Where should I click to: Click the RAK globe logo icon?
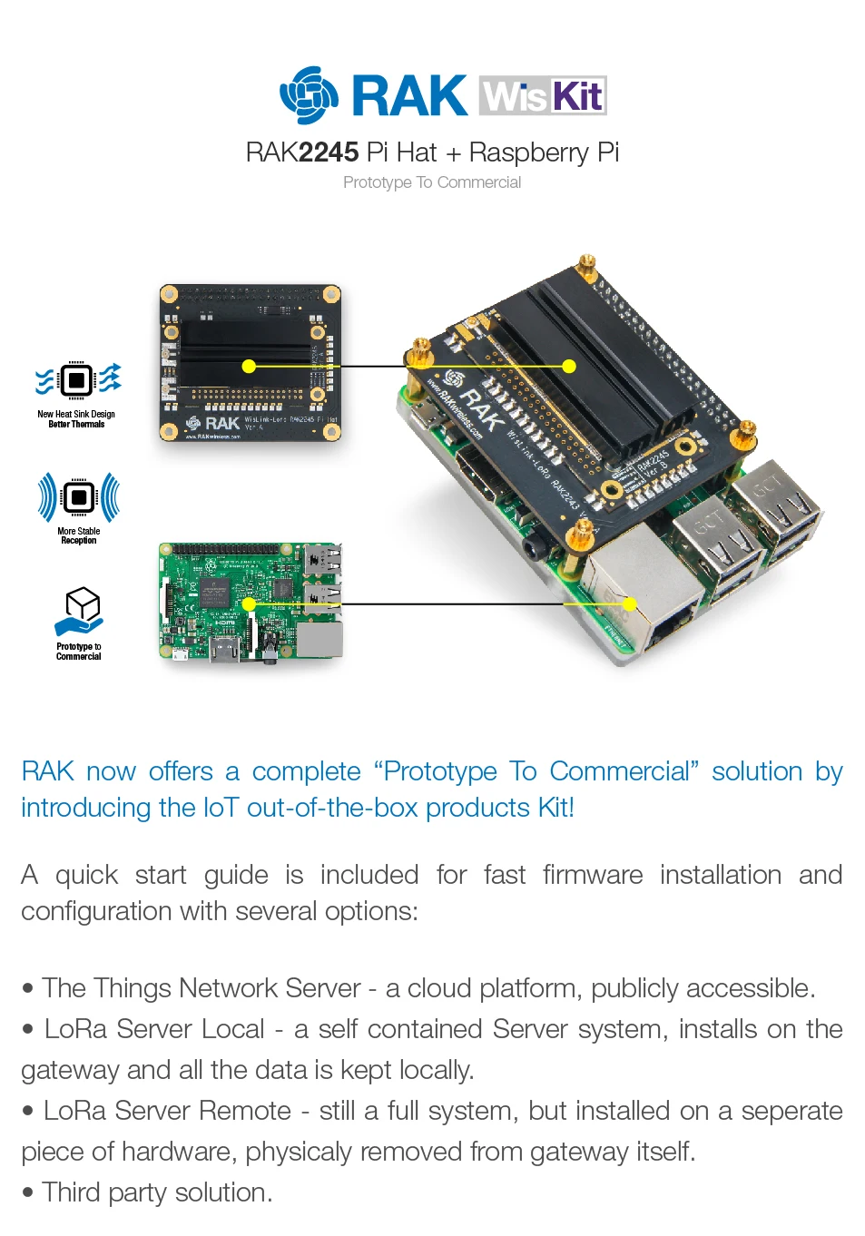point(309,95)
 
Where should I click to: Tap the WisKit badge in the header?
point(543,95)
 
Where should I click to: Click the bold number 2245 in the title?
point(329,152)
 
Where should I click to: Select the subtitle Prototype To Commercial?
point(432,182)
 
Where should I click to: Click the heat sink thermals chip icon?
point(78,379)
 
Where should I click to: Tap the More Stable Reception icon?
point(79,497)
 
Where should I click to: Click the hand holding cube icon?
point(80,611)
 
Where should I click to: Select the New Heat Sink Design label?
point(76,414)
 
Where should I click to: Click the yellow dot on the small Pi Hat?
point(249,367)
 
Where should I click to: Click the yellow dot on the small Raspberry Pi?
point(249,604)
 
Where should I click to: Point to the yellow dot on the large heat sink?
point(569,367)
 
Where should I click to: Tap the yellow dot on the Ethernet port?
point(630,604)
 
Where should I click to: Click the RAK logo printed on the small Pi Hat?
point(214,424)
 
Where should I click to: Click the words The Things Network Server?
point(202,988)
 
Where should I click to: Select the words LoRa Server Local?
point(154,1029)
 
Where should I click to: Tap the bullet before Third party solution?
point(28,1192)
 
